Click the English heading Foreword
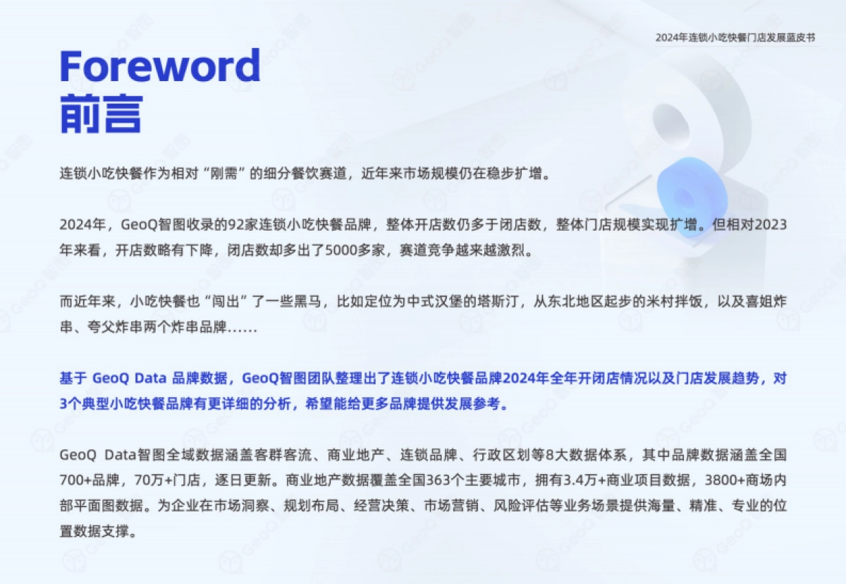pos(160,66)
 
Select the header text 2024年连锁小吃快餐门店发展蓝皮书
pos(735,37)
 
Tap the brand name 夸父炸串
pos(106,328)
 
